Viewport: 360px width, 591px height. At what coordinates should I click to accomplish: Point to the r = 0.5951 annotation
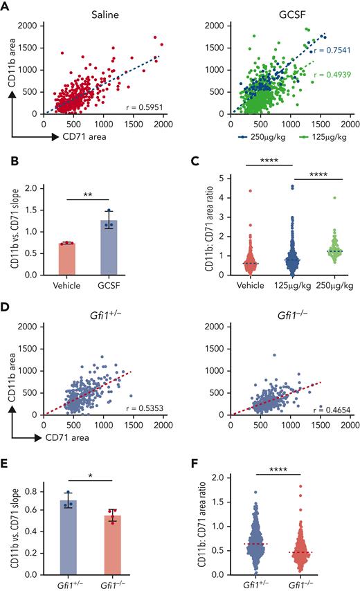[x=143, y=107]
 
